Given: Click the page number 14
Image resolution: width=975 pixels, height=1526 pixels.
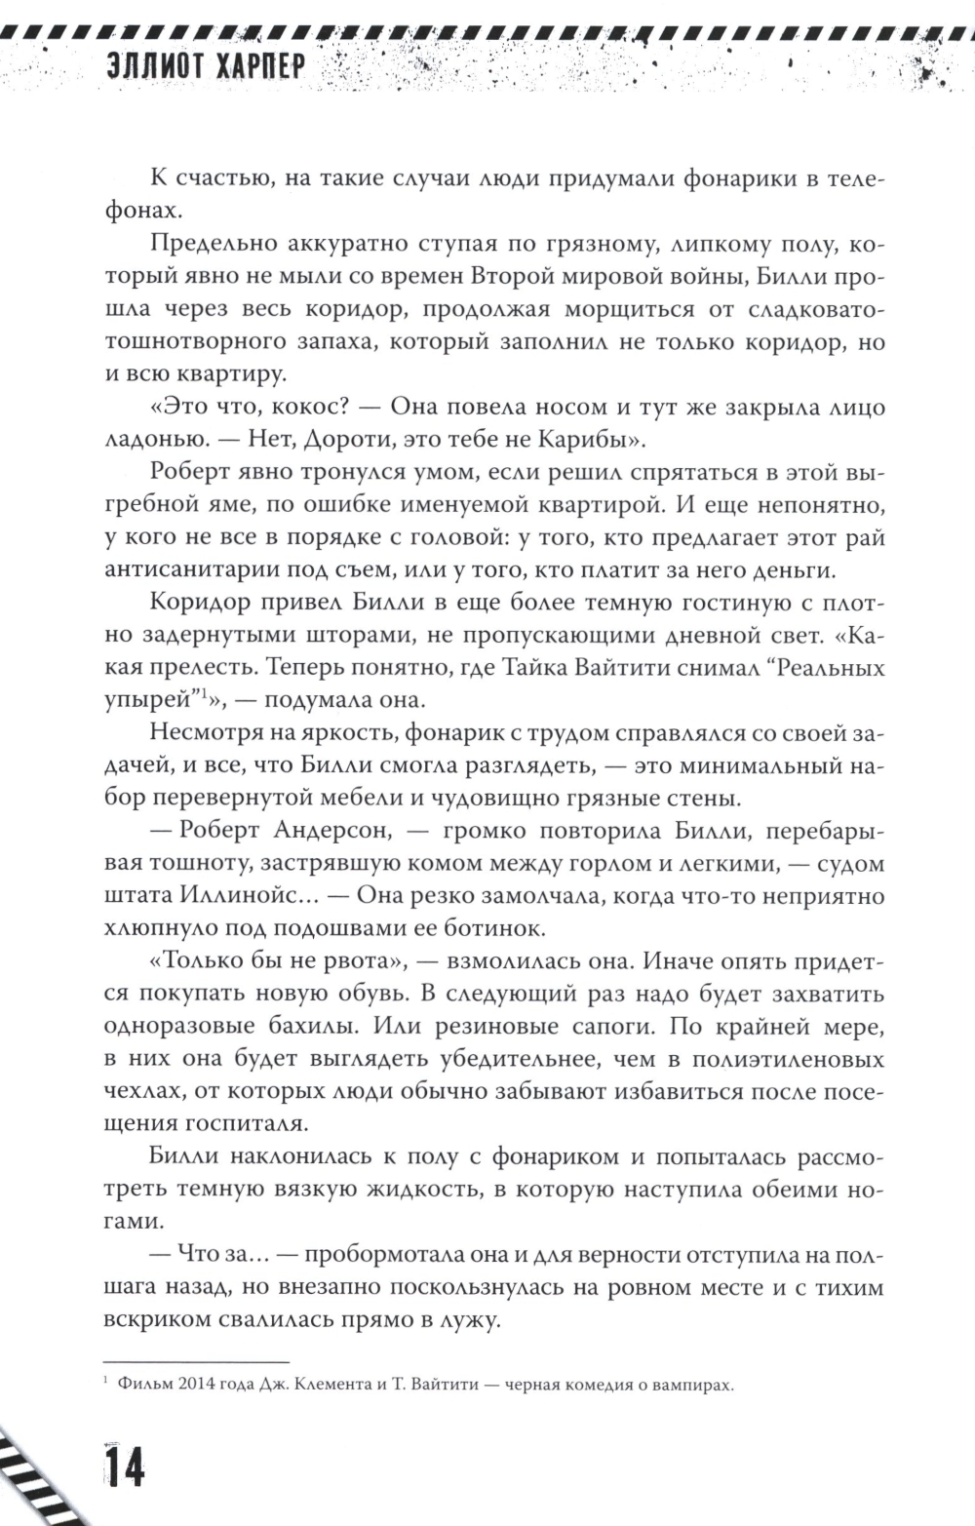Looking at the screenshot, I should [123, 1465].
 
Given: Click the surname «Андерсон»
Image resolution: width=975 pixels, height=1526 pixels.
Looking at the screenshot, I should [331, 830].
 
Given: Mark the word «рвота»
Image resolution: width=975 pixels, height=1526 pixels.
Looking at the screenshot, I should [353, 960].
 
